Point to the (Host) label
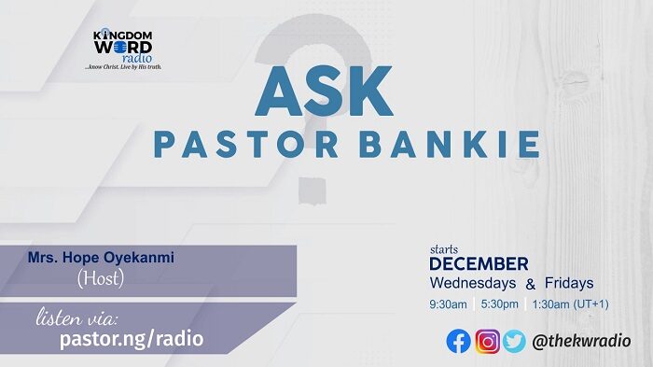pyautogui.click(x=100, y=278)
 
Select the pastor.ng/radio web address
pyautogui.click(x=132, y=338)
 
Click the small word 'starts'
pyautogui.click(x=443, y=249)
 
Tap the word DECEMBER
pyautogui.click(x=479, y=264)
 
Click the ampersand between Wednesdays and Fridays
pyautogui.click(x=530, y=284)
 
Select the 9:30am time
pyautogui.click(x=449, y=304)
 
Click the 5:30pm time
pyautogui.click(x=500, y=304)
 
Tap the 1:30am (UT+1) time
pyautogui.click(x=570, y=304)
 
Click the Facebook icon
pyautogui.click(x=458, y=342)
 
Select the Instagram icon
pyautogui.click(x=487, y=342)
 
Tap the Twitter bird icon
pyautogui.click(x=514, y=342)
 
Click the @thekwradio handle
pyautogui.click(x=580, y=342)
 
